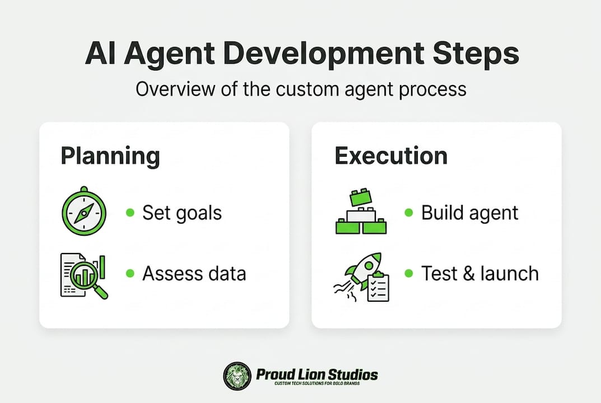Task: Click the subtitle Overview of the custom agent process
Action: pyautogui.click(x=301, y=90)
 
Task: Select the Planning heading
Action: pyautogui.click(x=110, y=156)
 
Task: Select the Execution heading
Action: pyautogui.click(x=391, y=156)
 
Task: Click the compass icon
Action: pyautogui.click(x=84, y=211)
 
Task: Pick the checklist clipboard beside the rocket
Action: pyautogui.click(x=378, y=287)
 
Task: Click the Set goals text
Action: pyautogui.click(x=182, y=213)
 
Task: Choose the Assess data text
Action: pyautogui.click(x=194, y=274)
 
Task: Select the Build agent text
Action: pyautogui.click(x=469, y=213)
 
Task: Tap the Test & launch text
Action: pyautogui.click(x=480, y=274)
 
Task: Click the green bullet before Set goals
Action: pyautogui.click(x=131, y=212)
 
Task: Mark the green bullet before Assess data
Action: pyautogui.click(x=131, y=273)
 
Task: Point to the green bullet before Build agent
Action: pyautogui.click(x=409, y=212)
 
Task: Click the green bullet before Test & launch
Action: pyautogui.click(x=409, y=273)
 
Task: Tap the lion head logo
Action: pyautogui.click(x=237, y=376)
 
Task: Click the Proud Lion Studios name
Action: pyautogui.click(x=317, y=374)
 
